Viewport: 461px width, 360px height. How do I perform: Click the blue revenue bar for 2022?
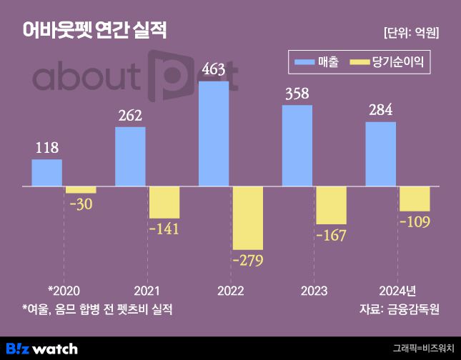(214, 134)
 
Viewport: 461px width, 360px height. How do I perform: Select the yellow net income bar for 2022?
(247, 218)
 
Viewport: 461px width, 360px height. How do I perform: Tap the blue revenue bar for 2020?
(46, 172)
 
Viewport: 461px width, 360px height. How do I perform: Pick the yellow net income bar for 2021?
(164, 202)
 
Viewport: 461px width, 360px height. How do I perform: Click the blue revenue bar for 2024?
(380, 154)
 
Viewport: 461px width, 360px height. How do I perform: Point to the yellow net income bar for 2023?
(331, 205)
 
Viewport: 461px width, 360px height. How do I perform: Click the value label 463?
(213, 69)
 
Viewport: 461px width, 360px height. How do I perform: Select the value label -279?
(247, 260)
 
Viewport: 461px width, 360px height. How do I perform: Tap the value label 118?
(46, 148)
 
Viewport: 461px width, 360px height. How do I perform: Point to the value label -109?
(415, 221)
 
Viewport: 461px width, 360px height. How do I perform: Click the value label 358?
(297, 94)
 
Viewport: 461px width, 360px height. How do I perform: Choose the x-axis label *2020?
(64, 291)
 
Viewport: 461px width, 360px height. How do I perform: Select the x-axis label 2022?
(230, 291)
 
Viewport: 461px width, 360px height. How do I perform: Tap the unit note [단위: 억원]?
(411, 32)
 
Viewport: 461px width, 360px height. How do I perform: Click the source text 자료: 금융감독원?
(400, 309)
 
